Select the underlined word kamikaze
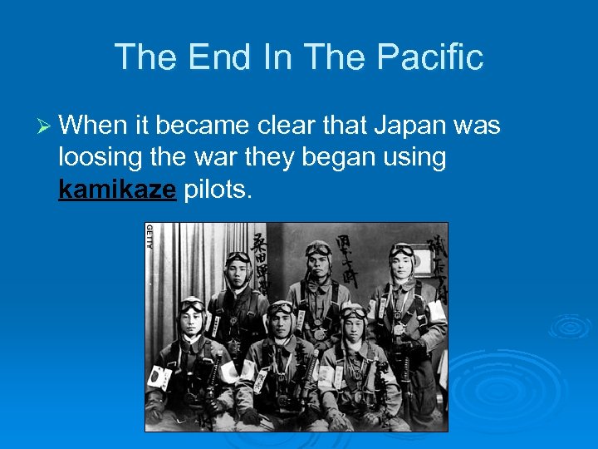(x=117, y=190)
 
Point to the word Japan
(x=408, y=126)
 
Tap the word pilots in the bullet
(x=216, y=190)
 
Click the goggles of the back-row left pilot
(x=238, y=258)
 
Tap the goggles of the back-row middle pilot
(x=318, y=250)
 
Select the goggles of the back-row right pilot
(x=402, y=250)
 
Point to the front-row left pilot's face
(x=193, y=321)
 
